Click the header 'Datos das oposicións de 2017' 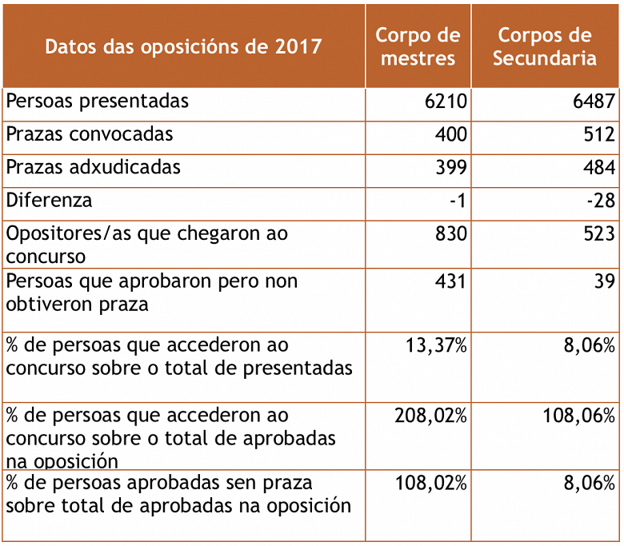click(x=183, y=46)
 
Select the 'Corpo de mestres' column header click(x=418, y=46)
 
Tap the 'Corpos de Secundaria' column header click(x=544, y=46)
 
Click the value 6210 click(x=446, y=102)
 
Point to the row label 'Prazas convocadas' click(x=90, y=134)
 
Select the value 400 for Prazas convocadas click(x=451, y=134)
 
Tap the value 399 click(x=451, y=168)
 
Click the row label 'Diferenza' click(x=49, y=200)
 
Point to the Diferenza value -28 click(x=601, y=201)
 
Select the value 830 click(x=451, y=234)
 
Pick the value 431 click(x=451, y=281)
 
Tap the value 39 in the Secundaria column click(x=605, y=281)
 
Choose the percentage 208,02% click(x=431, y=416)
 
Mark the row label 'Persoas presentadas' click(x=98, y=102)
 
